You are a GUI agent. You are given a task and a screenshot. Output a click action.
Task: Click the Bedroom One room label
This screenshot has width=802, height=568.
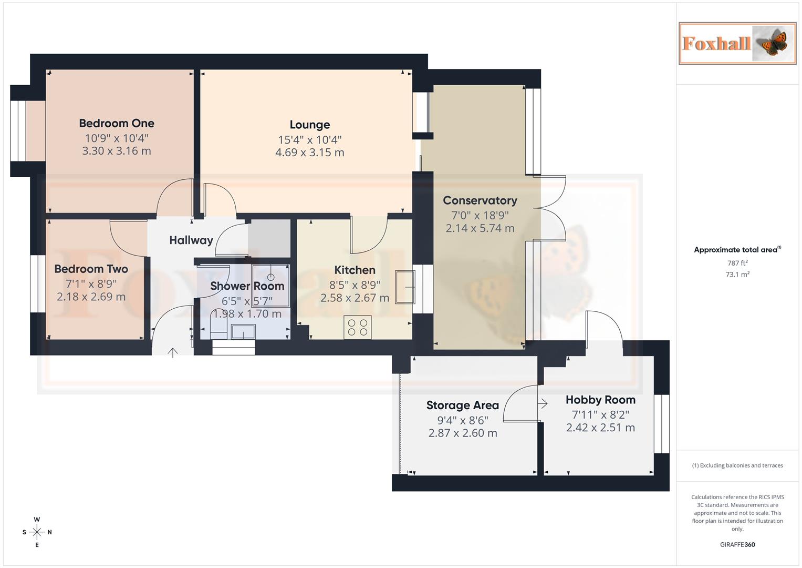(117, 124)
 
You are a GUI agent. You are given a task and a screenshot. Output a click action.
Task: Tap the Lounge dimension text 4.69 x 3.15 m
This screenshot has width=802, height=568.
(310, 153)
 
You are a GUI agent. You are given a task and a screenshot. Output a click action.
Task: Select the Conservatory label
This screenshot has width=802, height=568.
(480, 200)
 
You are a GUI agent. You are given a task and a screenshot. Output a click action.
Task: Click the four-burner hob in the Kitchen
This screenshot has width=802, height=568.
(358, 327)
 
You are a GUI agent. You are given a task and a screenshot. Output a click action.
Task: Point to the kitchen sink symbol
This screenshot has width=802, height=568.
(405, 287)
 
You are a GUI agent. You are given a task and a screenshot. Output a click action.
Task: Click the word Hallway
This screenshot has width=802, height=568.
(191, 240)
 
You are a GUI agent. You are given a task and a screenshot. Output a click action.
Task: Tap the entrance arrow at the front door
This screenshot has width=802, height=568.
(173, 352)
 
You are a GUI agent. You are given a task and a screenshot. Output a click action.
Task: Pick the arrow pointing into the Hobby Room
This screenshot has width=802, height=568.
(543, 403)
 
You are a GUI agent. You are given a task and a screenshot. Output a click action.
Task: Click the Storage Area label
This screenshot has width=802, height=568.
(463, 405)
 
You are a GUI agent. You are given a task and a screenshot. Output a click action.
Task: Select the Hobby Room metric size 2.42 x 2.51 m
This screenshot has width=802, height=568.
(600, 428)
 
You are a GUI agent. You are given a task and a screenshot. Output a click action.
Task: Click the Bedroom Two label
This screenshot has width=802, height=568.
(91, 269)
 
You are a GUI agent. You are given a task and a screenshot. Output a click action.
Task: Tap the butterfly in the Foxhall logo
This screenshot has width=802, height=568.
(774, 43)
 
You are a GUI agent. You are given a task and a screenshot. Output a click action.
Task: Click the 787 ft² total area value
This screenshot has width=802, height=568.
(737, 263)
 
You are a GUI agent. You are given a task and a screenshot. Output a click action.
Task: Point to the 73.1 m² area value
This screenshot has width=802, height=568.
(737, 275)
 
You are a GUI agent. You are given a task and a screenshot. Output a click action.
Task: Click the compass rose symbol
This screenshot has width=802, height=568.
(37, 532)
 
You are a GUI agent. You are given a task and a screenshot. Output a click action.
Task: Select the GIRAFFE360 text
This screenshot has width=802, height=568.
(737, 545)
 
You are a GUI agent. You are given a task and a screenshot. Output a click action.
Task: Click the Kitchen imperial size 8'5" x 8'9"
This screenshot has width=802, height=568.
(355, 285)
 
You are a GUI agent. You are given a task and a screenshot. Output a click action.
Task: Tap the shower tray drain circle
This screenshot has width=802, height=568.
(270, 277)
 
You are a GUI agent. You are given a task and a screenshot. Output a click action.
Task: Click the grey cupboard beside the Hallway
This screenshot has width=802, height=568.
(269, 238)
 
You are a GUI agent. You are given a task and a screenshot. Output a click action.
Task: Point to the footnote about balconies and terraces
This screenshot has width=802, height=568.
(737, 465)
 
